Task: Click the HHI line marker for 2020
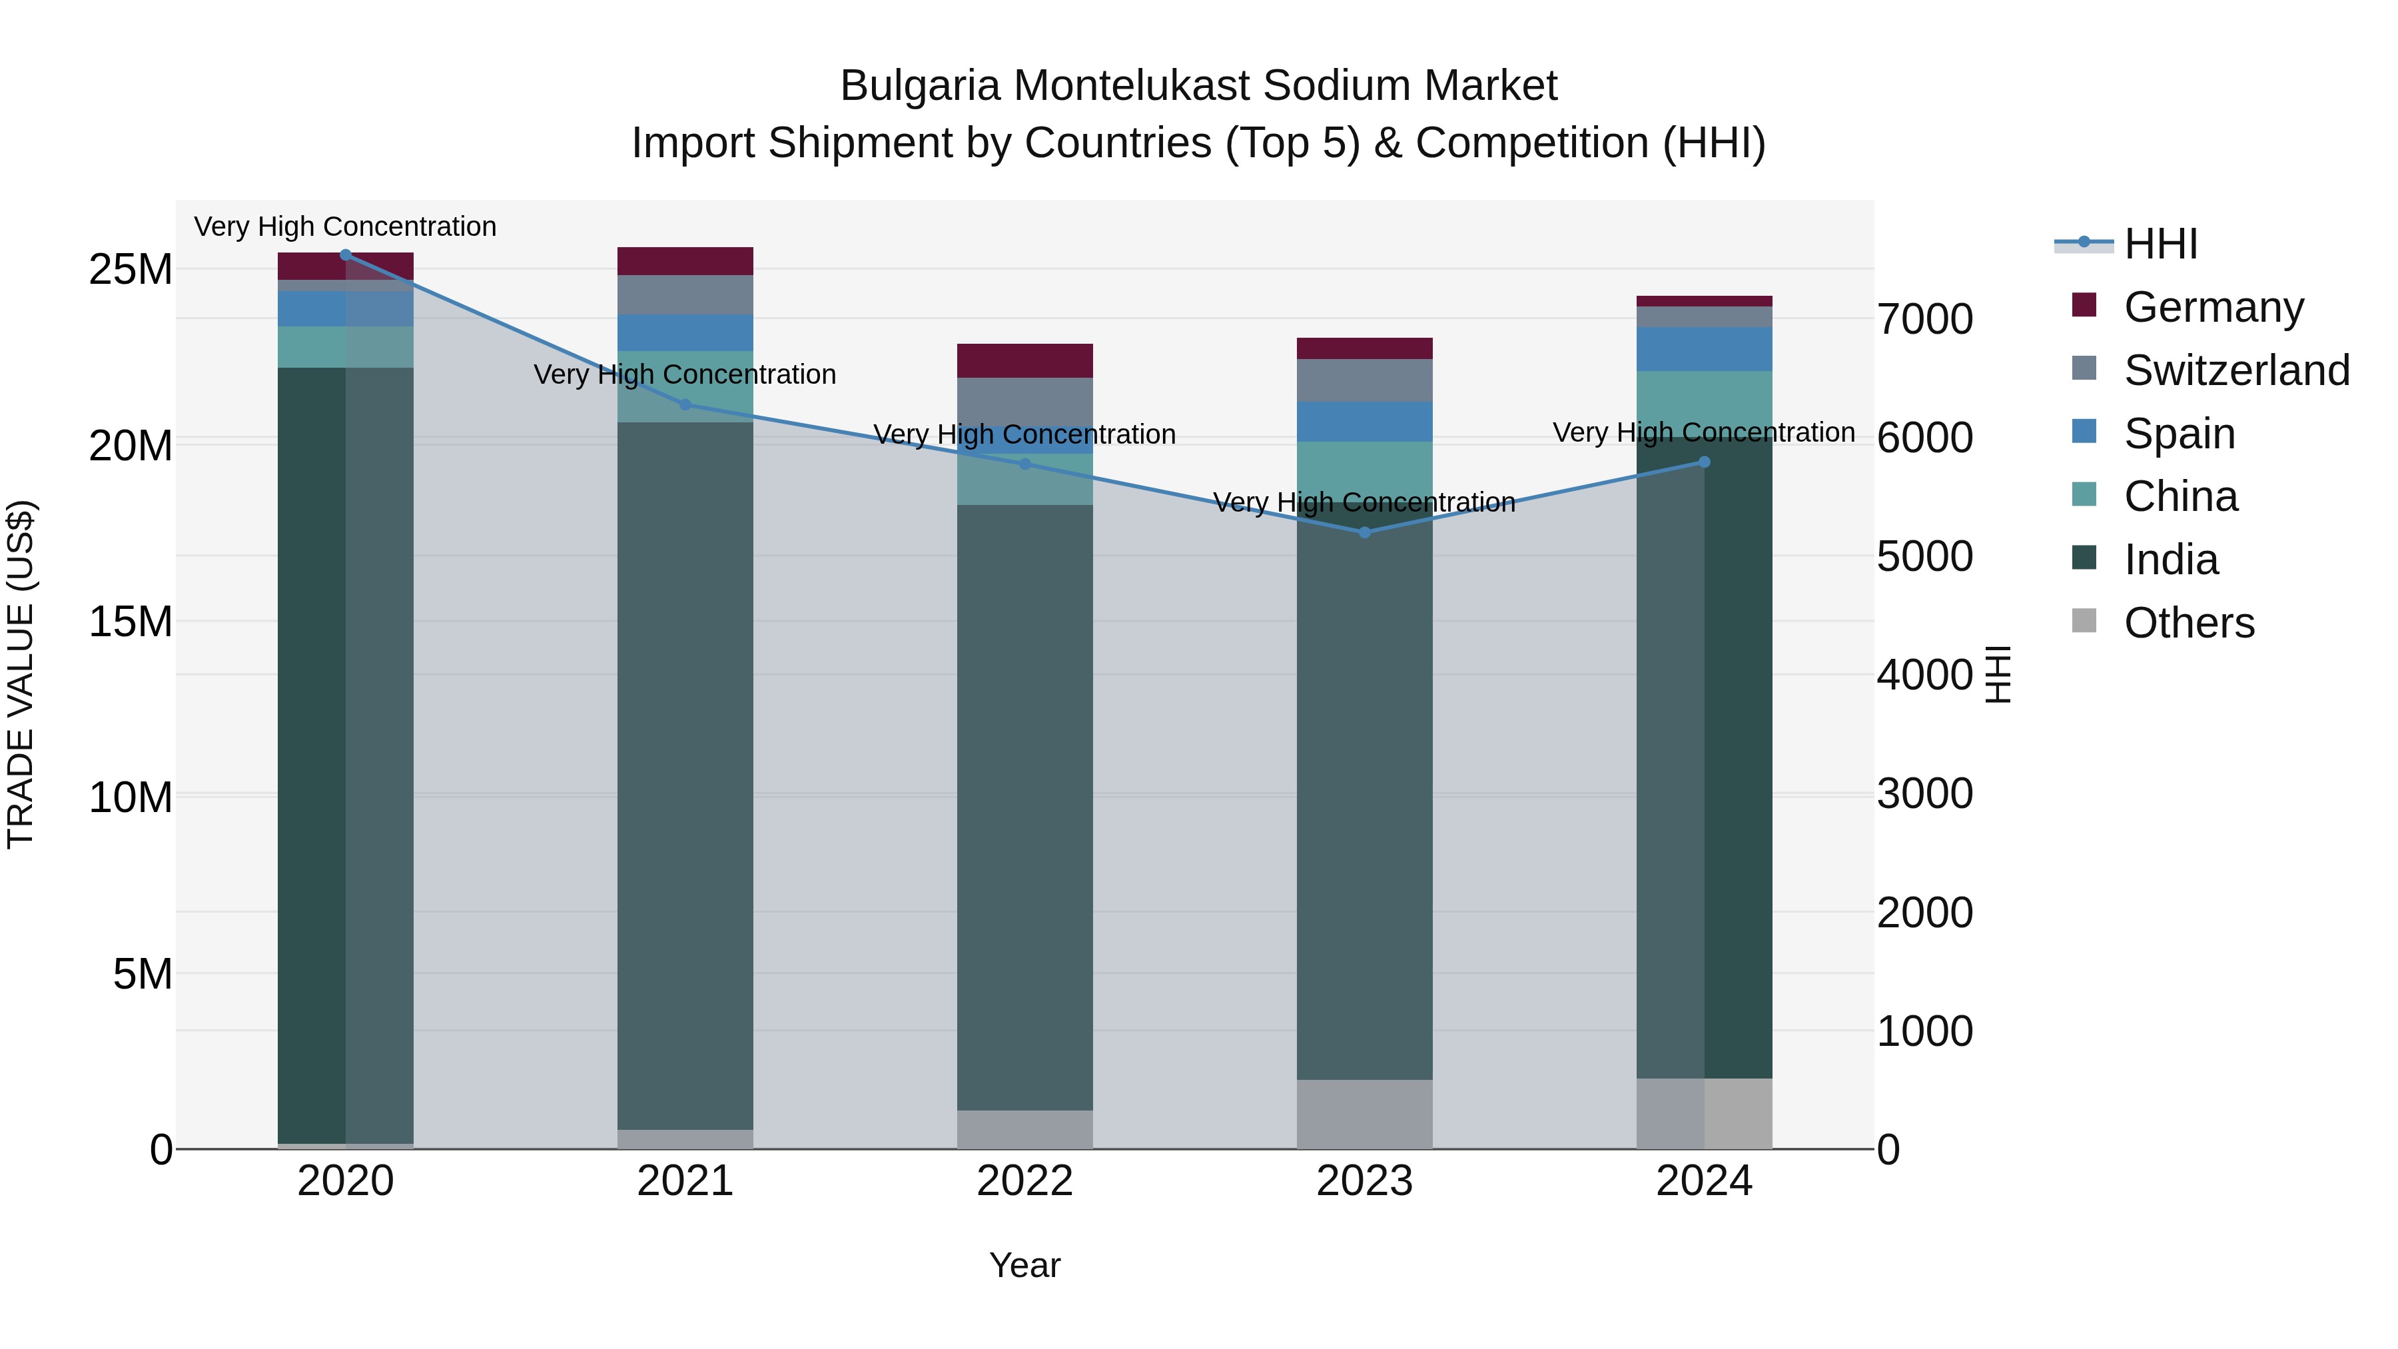[345, 254]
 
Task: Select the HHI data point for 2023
[1365, 532]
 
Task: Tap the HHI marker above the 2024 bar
[1705, 462]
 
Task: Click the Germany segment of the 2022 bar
[1025, 360]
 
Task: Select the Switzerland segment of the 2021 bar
[685, 294]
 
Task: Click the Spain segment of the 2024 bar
[1705, 349]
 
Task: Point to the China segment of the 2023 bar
[1365, 468]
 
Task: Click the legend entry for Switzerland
[2236, 370]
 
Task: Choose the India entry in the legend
[2170, 560]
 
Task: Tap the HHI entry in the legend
[2160, 244]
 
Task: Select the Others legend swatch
[2084, 621]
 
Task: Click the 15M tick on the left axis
[131, 621]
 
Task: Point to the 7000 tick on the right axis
[1924, 319]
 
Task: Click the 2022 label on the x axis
[1025, 1181]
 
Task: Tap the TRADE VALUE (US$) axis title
[21, 674]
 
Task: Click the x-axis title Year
[1025, 1265]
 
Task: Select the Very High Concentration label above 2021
[685, 374]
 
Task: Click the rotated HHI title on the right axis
[1998, 674]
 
